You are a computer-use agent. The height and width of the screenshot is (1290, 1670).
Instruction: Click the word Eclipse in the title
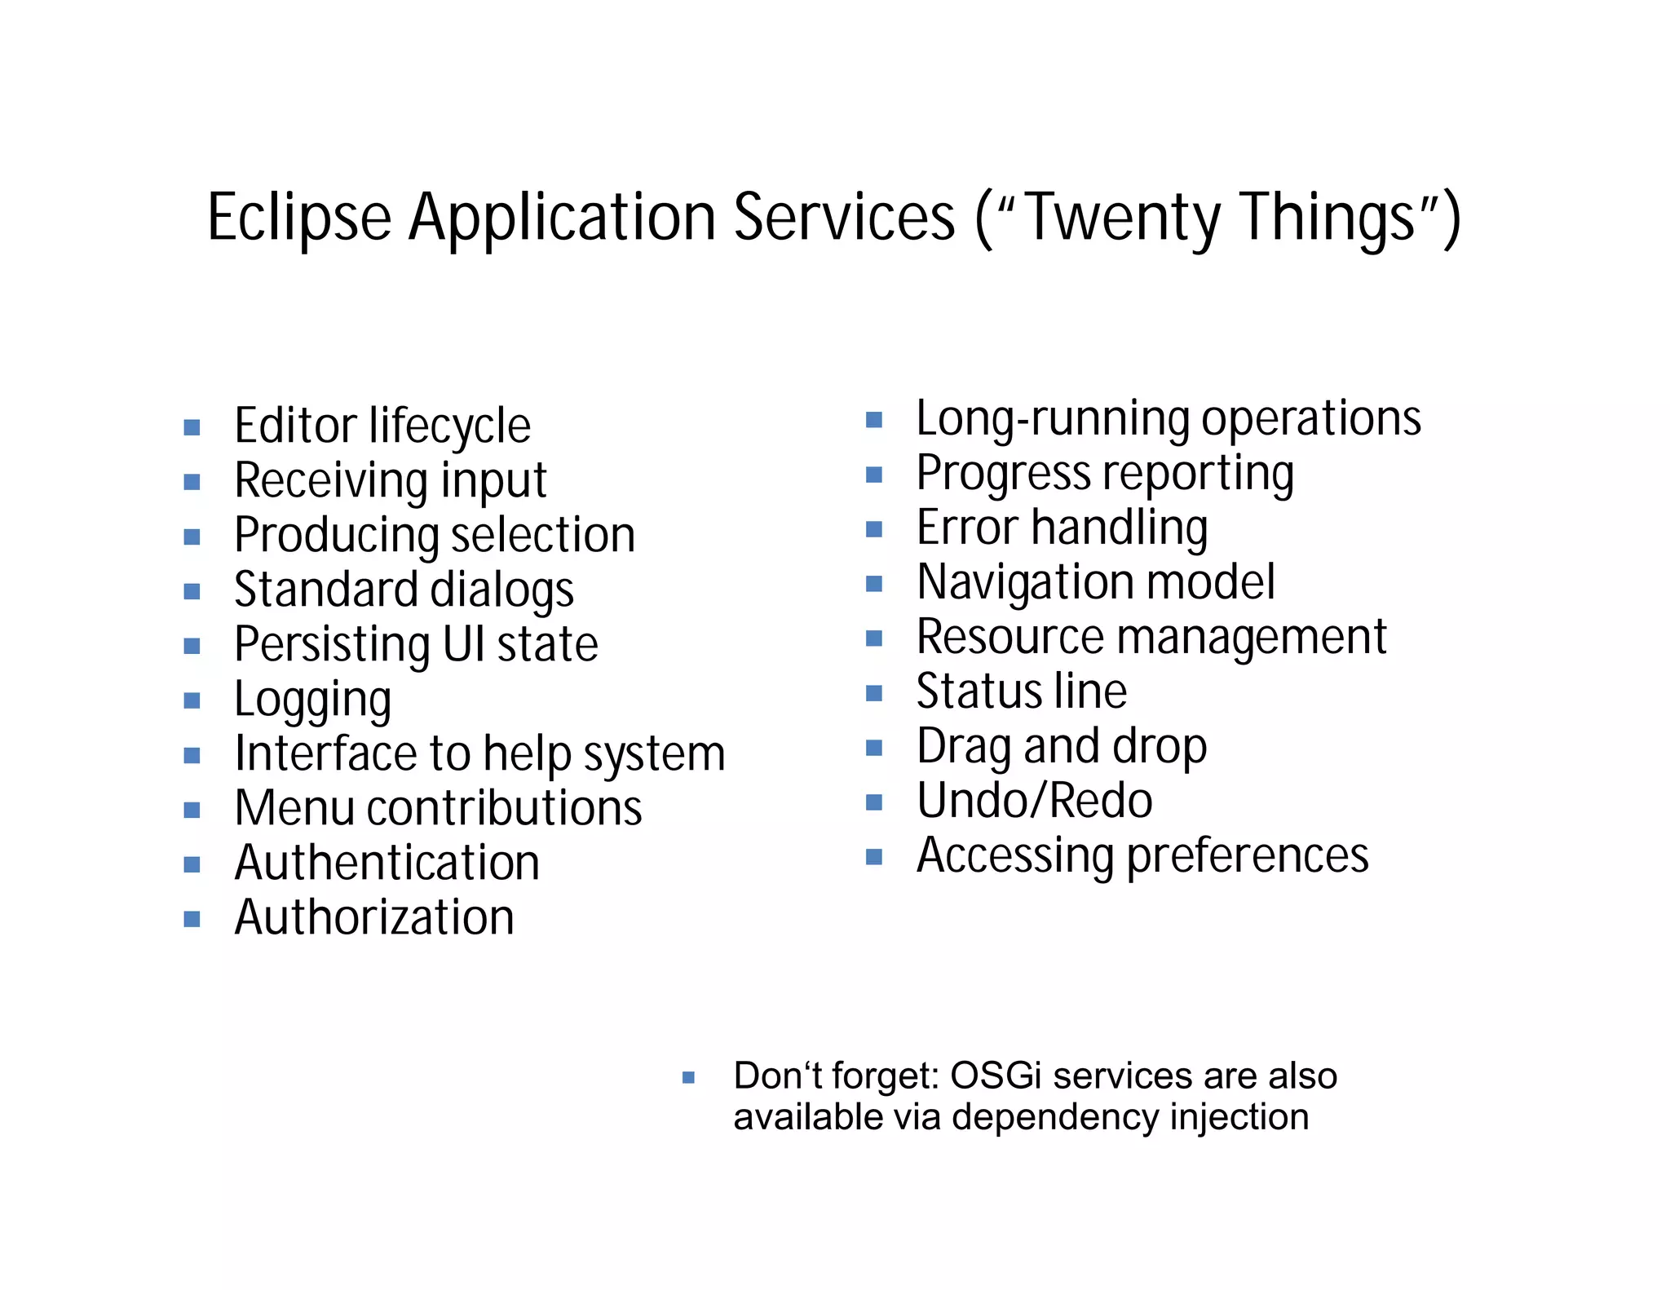(x=299, y=218)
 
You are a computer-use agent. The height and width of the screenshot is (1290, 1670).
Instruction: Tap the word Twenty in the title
(x=1123, y=218)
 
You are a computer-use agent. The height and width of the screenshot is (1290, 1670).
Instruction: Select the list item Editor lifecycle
(x=382, y=426)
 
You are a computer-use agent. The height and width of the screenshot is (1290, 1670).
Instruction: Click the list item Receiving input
(x=390, y=481)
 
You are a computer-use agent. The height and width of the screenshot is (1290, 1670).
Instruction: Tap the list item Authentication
(x=387, y=863)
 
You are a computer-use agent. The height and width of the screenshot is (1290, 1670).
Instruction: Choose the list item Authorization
(x=374, y=917)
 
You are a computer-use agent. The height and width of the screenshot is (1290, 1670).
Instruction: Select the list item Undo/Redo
(x=1034, y=801)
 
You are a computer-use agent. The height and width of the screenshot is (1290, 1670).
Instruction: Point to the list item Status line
(x=1021, y=691)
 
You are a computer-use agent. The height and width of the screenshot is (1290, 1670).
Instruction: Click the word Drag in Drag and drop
(x=963, y=746)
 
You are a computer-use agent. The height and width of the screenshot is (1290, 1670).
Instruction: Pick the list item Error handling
(x=1062, y=528)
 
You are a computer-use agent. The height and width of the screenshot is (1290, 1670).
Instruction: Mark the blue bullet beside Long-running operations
(x=874, y=420)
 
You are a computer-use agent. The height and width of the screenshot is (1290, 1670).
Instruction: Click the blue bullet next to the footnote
(x=688, y=1078)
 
